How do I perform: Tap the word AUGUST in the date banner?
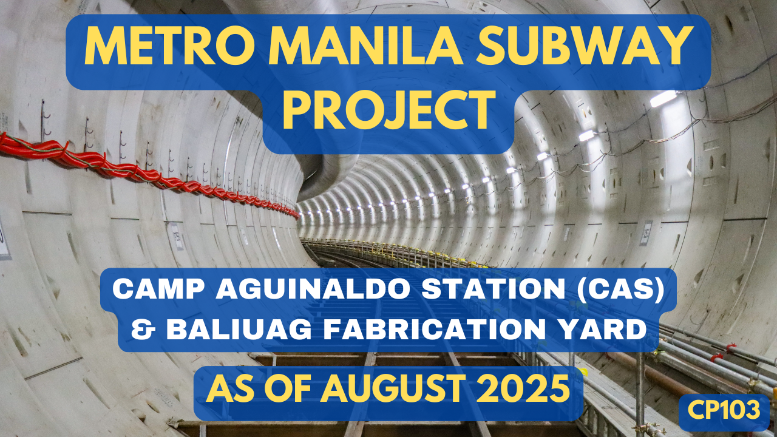393,389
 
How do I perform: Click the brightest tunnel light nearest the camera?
663,98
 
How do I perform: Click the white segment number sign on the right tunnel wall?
646,232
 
